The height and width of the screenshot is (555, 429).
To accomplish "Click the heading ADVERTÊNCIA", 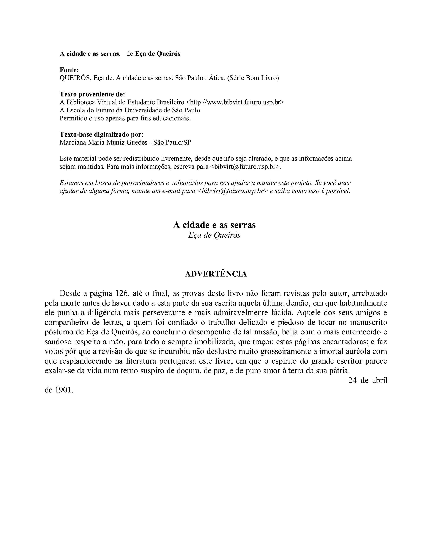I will [216, 274].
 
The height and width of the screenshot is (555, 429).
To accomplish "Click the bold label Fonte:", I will [69, 70].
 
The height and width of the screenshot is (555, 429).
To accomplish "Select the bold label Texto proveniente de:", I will [92, 94].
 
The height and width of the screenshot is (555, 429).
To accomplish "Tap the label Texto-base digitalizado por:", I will [101, 134].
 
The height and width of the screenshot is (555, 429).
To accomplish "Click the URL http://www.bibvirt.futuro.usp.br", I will [235, 102].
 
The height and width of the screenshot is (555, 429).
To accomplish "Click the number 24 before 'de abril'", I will [352, 380].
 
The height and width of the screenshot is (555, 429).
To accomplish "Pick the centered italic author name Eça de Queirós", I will [214, 235].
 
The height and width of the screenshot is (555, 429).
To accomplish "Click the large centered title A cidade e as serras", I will [214, 225].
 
